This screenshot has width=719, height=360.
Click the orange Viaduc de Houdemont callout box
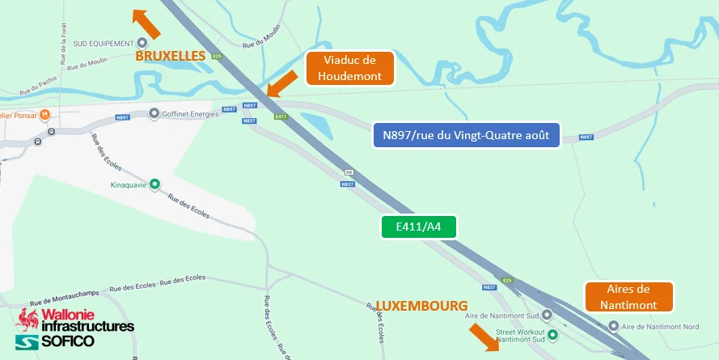pos(349,69)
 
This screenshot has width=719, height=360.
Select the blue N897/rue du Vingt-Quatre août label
pos(466,135)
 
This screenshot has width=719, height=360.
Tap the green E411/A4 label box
pos(419,227)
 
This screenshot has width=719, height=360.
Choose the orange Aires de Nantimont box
pos(628,297)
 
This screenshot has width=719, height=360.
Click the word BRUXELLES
pos(171,57)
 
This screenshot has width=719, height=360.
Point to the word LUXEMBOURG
pos(421,307)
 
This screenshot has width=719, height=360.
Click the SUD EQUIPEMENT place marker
pos(142,43)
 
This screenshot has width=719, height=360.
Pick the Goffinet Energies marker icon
pos(154,115)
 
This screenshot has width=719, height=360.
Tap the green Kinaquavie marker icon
pos(155,184)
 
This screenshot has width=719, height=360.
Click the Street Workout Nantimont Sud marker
pos(553,333)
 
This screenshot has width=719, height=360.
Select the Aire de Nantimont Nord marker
pos(613,327)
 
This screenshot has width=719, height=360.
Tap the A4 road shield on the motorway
pos(349,172)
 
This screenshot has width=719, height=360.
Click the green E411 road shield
pos(281,117)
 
